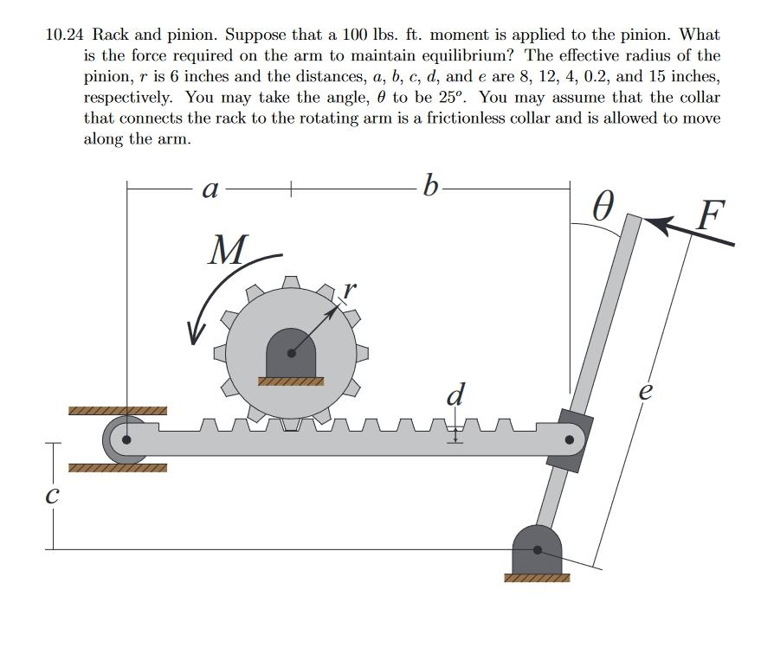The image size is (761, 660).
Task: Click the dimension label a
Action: pos(209,189)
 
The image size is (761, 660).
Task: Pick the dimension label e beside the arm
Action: pos(645,390)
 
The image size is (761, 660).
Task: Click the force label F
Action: pos(710,213)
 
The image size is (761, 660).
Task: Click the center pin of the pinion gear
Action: pos(291,353)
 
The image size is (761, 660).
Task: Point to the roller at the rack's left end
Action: pos(126,439)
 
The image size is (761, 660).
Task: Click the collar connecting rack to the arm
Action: pos(569,440)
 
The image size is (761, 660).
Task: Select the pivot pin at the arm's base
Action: pos(538,549)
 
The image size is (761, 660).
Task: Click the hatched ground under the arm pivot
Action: pos(538,577)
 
